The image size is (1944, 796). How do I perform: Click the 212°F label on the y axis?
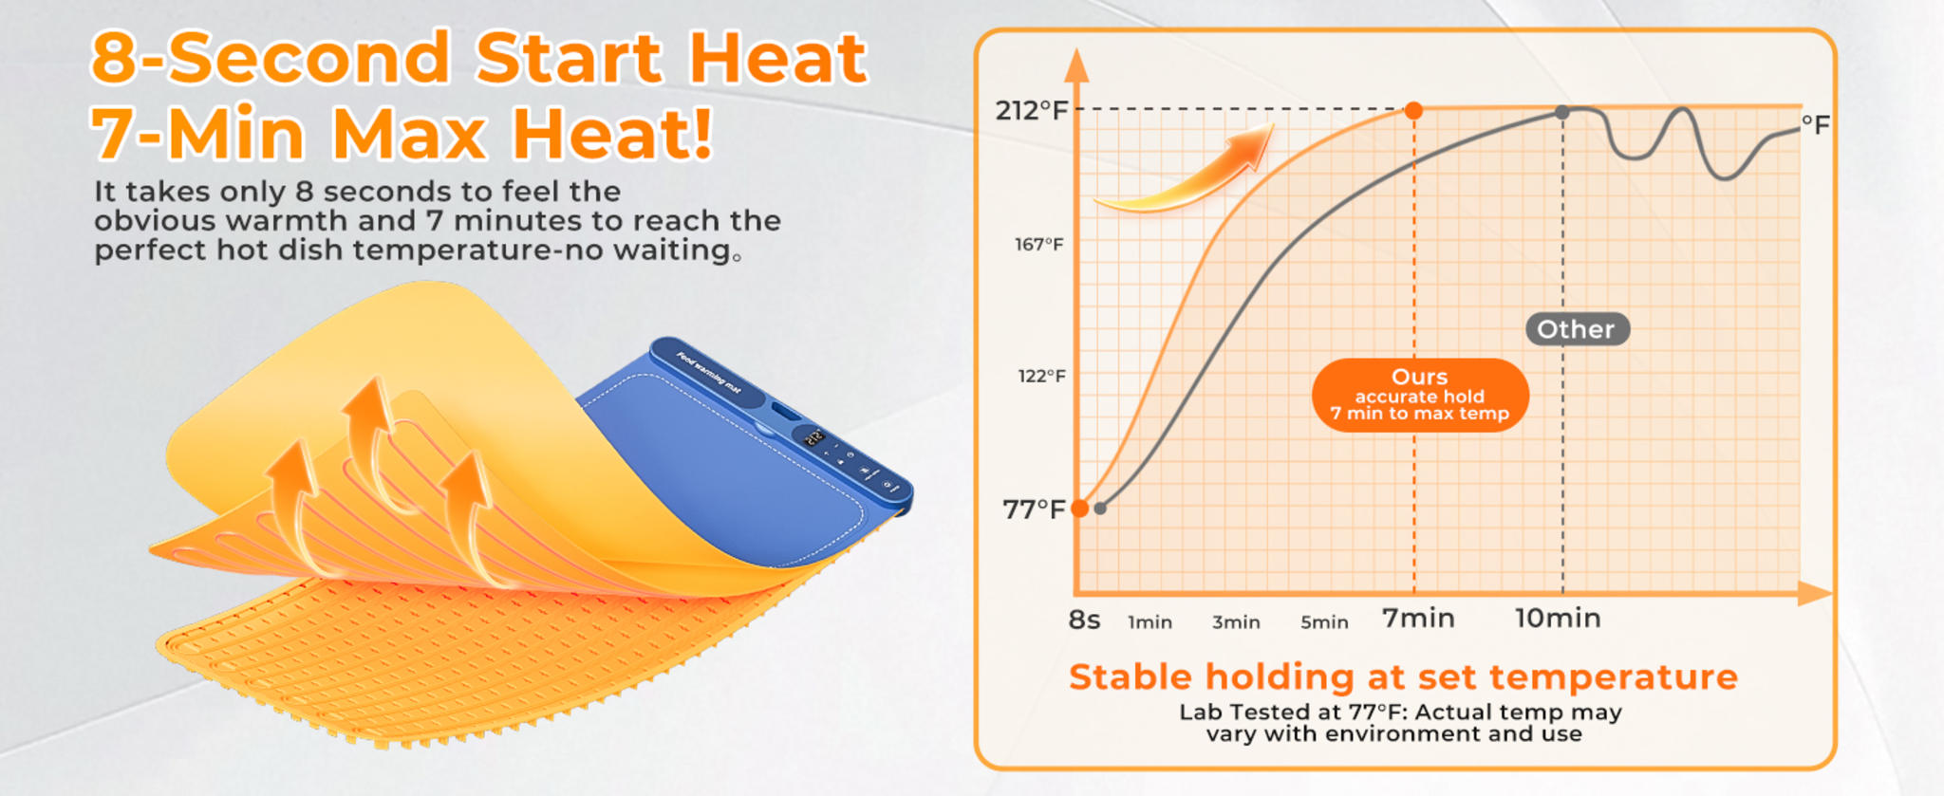pos(1031,111)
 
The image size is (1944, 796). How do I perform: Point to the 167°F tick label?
pos(1039,245)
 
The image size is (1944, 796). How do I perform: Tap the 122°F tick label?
pos(1041,377)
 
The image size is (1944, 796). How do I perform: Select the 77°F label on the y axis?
pos(1034,510)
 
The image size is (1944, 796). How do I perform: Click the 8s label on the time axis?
pos(1084,620)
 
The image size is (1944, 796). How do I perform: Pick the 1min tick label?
pos(1150,623)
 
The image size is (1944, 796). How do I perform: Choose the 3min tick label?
pos(1236,623)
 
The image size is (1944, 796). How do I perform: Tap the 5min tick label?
pos(1324,623)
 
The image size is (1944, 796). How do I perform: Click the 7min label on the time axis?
pos(1418,619)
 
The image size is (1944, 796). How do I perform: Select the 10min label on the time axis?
pos(1558,619)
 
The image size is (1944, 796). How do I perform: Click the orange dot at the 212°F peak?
pos(1413,111)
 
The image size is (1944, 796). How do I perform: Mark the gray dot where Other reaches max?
pos(1562,113)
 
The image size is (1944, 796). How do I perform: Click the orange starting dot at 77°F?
pos(1080,509)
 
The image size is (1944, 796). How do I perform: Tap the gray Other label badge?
pos(1577,329)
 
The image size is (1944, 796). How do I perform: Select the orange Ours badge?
pos(1420,395)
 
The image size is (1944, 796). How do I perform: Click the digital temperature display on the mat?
pos(814,438)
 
